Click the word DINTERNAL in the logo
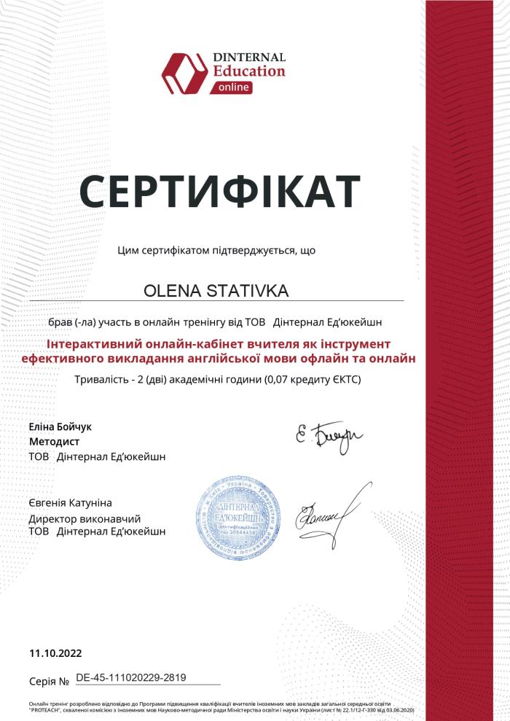pos(249,57)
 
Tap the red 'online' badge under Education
pos(233,87)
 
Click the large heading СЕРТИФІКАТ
pos(219,191)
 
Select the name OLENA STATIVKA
pos(216,291)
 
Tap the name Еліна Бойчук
pos(60,426)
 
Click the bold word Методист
pos(55,442)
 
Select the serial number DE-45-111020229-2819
pos(131,677)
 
